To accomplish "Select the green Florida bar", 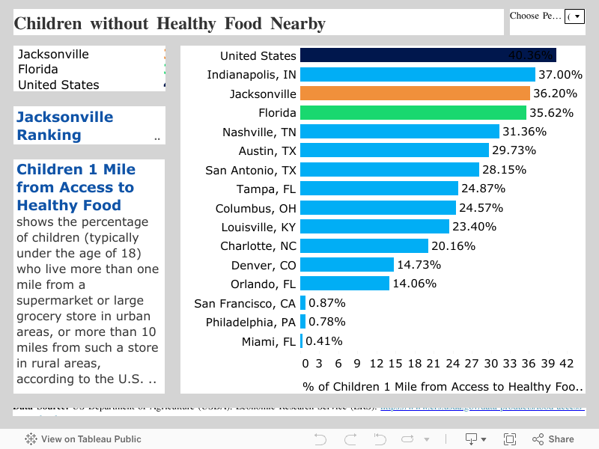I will tap(413, 113).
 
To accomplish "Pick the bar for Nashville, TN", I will tap(399, 132).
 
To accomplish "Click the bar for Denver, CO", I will tap(347, 265).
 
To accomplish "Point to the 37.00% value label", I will tap(560, 75).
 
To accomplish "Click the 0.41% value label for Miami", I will tap(323, 341).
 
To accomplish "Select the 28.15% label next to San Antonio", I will tap(504, 170).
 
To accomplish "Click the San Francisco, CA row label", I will tap(245, 303).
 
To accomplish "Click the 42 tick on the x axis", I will tap(567, 364).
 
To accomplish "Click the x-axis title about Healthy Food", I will tap(442, 387).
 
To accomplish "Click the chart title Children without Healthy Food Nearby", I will tap(170, 23).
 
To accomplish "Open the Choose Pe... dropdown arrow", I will tap(574, 16).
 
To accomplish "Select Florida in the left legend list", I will tap(38, 70).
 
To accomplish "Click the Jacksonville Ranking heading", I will tap(64, 126).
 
